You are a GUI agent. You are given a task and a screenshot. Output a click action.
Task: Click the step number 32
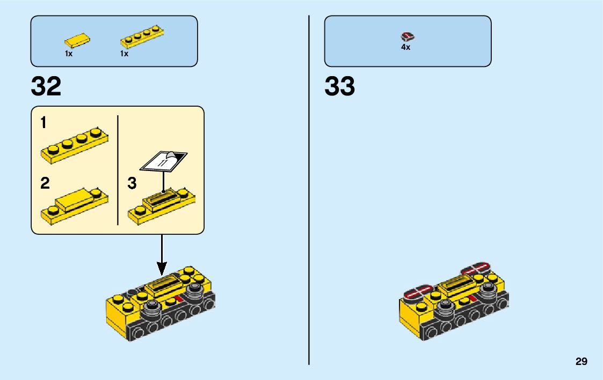pyautogui.click(x=46, y=87)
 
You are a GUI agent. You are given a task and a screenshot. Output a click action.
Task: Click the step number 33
pyautogui.click(x=340, y=87)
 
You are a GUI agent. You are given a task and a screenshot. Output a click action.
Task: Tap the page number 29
pyautogui.click(x=581, y=362)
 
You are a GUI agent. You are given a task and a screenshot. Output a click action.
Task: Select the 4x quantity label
pyautogui.click(x=405, y=47)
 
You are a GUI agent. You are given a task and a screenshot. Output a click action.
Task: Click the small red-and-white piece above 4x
pyautogui.click(x=408, y=37)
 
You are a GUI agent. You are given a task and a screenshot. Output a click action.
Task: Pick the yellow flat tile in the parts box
pyautogui.click(x=77, y=40)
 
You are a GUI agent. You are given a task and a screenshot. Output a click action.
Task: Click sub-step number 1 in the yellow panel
pyautogui.click(x=43, y=123)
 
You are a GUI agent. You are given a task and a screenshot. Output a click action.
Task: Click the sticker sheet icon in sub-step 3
pyautogui.click(x=164, y=161)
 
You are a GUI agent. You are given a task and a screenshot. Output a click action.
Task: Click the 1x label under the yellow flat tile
pyautogui.click(x=68, y=54)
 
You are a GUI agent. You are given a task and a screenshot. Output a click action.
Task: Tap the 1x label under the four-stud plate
pyautogui.click(x=124, y=54)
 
